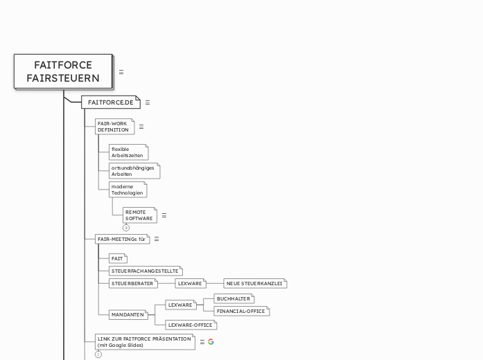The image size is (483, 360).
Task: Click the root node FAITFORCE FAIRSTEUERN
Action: tap(63, 71)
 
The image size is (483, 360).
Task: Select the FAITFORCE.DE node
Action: tap(110, 102)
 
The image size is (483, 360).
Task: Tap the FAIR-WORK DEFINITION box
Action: tap(114, 127)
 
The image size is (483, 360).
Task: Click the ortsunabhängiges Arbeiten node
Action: tap(134, 170)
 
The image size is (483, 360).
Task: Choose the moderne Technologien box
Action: tap(128, 190)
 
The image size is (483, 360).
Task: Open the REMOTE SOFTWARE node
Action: tap(139, 215)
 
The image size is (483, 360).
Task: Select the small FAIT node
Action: tap(117, 258)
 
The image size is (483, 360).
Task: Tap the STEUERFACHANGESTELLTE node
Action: tap(145, 271)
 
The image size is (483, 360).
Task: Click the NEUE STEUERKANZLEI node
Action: tap(254, 283)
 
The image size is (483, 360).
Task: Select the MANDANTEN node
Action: tap(128, 314)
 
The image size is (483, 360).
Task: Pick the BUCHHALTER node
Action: tap(234, 298)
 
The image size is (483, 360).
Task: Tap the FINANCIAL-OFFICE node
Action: tap(241, 312)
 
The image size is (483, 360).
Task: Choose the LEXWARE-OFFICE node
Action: tap(191, 325)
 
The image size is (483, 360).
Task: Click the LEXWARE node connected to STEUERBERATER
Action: tap(190, 283)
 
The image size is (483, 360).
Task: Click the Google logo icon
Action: tap(211, 341)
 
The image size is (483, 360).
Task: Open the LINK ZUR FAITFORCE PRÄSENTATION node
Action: tap(145, 341)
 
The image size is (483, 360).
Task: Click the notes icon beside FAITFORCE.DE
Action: tap(147, 102)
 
